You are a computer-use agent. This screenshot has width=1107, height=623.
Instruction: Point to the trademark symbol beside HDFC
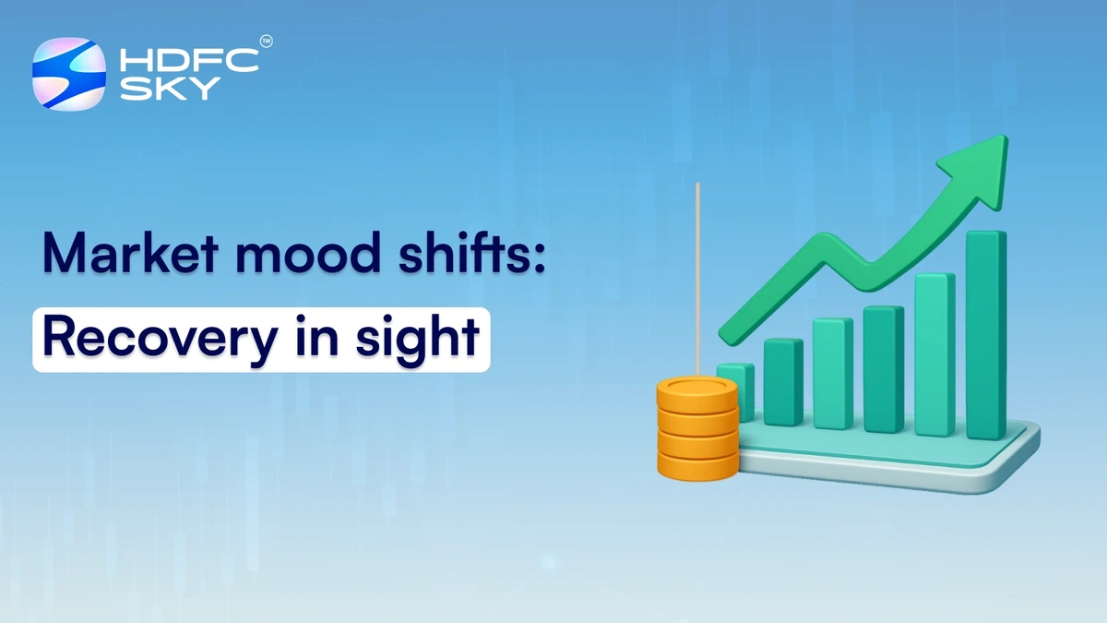click(x=267, y=42)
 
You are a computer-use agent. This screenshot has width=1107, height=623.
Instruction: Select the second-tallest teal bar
click(x=934, y=355)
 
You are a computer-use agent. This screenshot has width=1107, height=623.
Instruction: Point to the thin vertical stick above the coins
click(x=697, y=277)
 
